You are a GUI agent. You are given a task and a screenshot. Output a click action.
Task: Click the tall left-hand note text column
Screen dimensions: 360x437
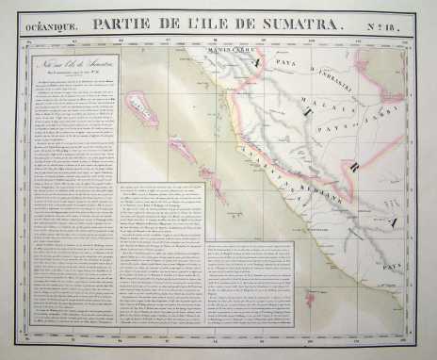pos(71,188)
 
